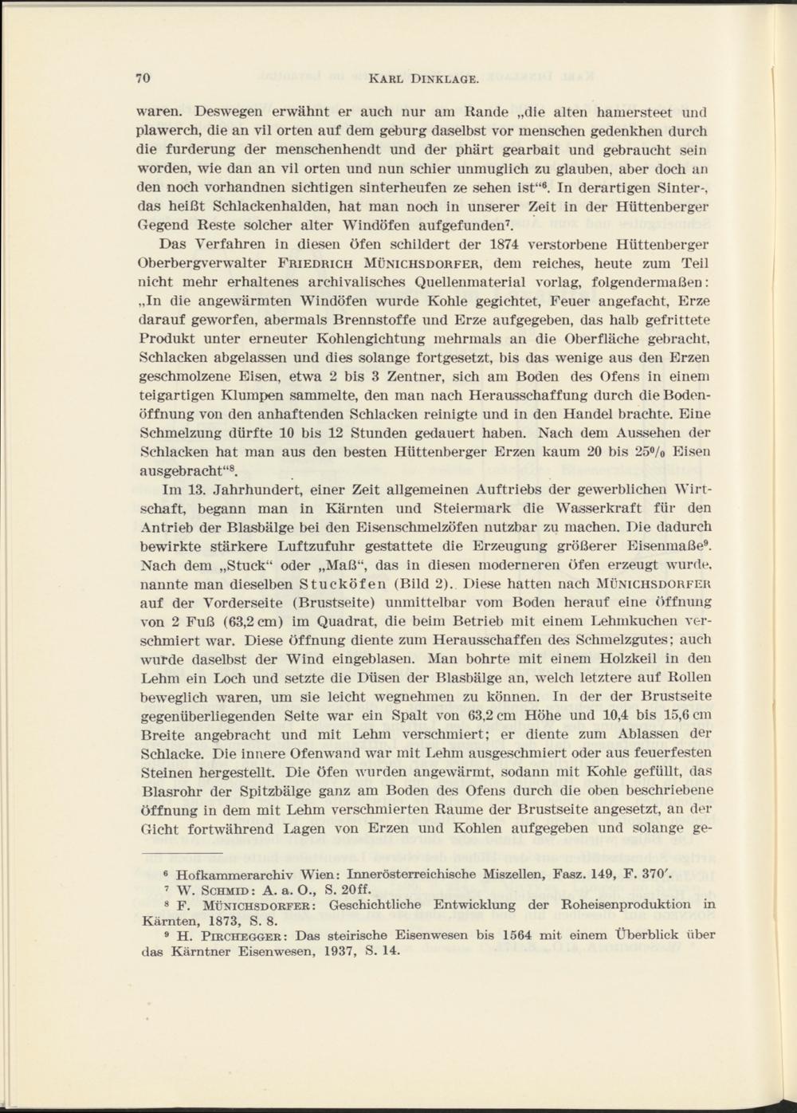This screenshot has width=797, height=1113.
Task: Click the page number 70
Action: click(x=143, y=78)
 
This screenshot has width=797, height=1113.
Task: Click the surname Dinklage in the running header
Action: click(x=446, y=79)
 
